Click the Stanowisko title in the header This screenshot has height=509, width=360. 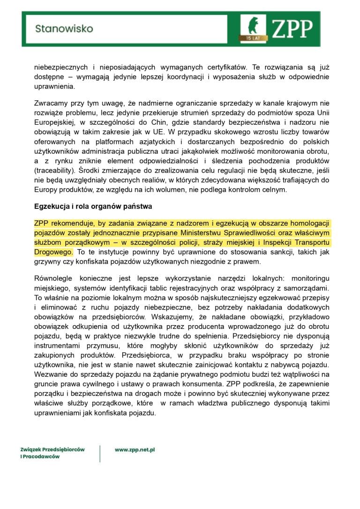[64, 29]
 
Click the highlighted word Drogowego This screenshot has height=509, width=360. [53, 252]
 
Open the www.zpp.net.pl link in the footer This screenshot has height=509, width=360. [135, 450]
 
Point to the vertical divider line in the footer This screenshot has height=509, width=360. [100, 453]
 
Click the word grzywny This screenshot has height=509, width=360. [48, 262]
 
